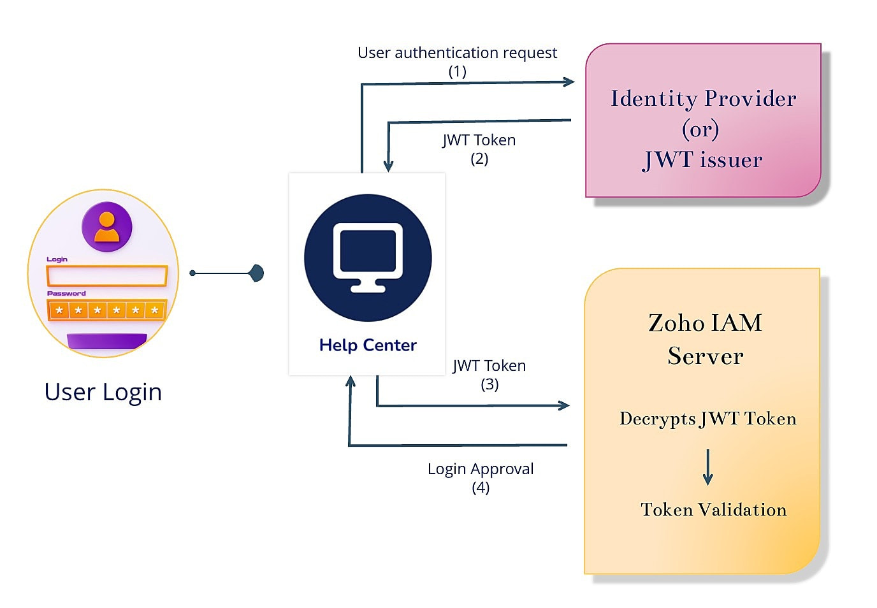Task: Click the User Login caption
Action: click(103, 392)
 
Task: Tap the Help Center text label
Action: click(368, 345)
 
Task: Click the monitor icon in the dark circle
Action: click(368, 257)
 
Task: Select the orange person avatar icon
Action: click(107, 227)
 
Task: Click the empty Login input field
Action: click(106, 276)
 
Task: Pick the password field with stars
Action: click(106, 310)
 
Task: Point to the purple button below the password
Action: click(106, 341)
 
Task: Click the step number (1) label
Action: click(457, 71)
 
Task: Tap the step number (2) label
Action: click(479, 159)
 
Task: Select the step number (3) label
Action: click(489, 384)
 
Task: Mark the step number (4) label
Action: click(481, 488)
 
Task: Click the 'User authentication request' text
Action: click(457, 53)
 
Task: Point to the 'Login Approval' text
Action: click(481, 469)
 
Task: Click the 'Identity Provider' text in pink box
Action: click(703, 99)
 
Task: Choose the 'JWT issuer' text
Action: click(703, 160)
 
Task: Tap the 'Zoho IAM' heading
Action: click(705, 323)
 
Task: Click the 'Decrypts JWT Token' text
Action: click(707, 419)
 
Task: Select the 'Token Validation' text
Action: click(713, 510)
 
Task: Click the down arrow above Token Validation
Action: click(707, 467)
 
